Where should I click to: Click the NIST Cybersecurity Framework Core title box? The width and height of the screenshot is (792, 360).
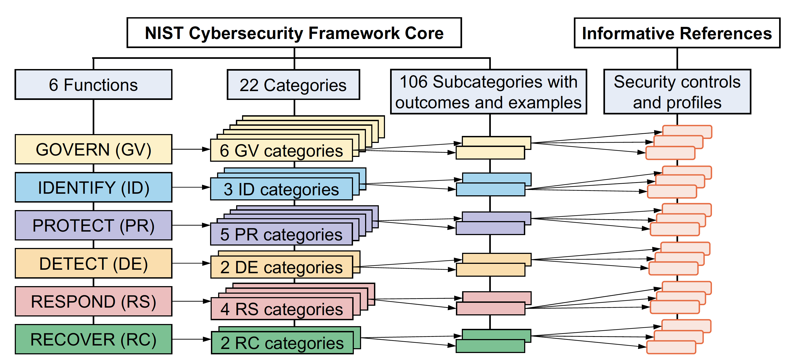pyautogui.click(x=294, y=33)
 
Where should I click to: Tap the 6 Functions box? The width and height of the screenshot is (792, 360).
pyautogui.click(x=93, y=85)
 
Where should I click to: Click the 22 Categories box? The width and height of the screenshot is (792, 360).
pyautogui.click(x=293, y=85)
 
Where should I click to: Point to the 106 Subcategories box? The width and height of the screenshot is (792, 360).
pyautogui.click(x=488, y=92)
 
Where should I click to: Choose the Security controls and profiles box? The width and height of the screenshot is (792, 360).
pyautogui.click(x=677, y=92)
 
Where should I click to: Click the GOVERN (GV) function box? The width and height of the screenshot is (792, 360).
pyautogui.click(x=93, y=149)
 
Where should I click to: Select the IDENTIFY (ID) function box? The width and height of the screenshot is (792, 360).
pyautogui.click(x=93, y=188)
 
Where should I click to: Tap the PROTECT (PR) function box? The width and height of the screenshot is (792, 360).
pyautogui.click(x=93, y=225)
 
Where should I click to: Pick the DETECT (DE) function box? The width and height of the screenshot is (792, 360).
pyautogui.click(x=93, y=264)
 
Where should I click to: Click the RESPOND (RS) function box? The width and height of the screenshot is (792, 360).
pyautogui.click(x=93, y=301)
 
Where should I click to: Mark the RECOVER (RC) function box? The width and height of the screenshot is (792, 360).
pyautogui.click(x=93, y=339)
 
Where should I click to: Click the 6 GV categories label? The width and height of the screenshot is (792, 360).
pyautogui.click(x=281, y=151)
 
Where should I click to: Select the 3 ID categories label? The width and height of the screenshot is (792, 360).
pyautogui.click(x=281, y=189)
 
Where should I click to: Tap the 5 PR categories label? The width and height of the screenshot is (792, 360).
pyautogui.click(x=281, y=234)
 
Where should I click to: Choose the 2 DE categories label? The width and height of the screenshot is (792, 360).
pyautogui.click(x=281, y=267)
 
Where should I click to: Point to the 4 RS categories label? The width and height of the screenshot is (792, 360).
pyautogui.click(x=282, y=309)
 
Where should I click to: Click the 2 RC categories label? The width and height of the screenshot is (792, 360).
pyautogui.click(x=282, y=343)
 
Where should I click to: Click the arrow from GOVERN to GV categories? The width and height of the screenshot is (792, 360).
pyautogui.click(x=191, y=149)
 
